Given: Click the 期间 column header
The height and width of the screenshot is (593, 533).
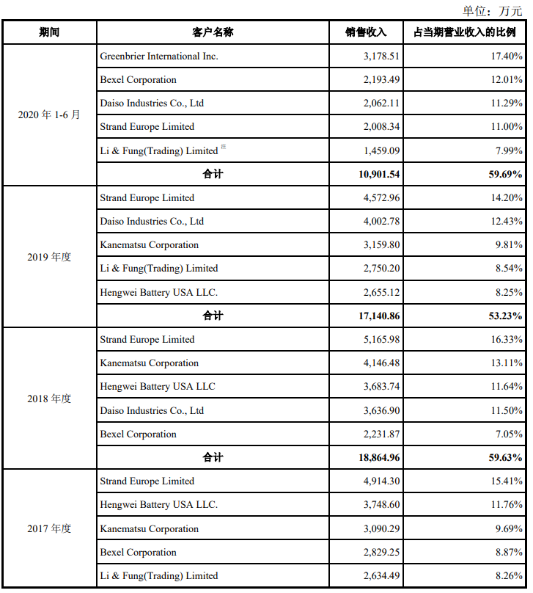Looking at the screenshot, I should point(49,33).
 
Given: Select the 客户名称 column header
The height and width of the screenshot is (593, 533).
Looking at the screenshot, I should point(213,33).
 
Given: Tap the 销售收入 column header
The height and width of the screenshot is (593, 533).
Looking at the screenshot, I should point(366,33).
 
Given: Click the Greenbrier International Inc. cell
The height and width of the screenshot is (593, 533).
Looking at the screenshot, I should point(159,57).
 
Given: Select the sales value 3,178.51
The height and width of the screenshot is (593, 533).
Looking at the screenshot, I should point(381,57).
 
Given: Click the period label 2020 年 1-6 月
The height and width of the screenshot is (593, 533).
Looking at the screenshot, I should point(49,115).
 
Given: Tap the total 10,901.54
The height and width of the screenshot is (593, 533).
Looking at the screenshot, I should point(375,175).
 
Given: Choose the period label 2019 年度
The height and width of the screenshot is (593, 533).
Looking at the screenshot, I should point(49,258).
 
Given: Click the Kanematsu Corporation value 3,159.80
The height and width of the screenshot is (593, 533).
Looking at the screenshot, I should point(381,245).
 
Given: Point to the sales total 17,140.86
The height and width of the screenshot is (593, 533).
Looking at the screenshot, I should point(375,316).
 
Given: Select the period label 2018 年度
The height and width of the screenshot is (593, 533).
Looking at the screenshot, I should point(49,399).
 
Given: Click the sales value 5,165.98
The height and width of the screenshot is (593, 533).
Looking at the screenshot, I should point(381,340).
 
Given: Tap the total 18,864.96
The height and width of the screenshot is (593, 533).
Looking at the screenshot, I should point(375,458).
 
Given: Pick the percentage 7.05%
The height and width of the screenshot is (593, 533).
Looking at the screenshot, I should point(510,434).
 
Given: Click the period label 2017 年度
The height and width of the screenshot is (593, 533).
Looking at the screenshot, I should point(49,529).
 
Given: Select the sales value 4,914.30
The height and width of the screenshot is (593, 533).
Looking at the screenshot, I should point(381,481).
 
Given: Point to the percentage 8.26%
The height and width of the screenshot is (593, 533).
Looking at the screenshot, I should point(510,576).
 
